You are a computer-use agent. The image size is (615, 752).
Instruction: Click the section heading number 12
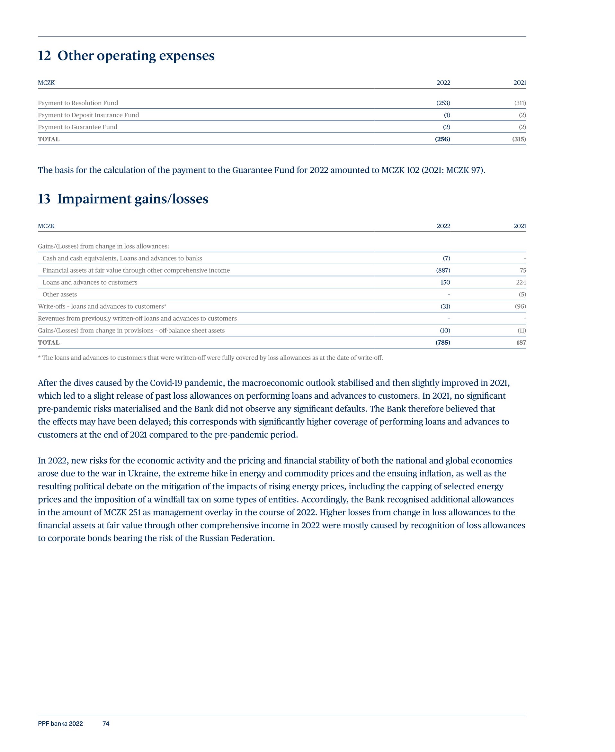tap(44, 56)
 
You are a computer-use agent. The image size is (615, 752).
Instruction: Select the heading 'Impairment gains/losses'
tap(133, 199)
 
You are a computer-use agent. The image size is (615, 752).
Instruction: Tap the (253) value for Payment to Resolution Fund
tap(443, 103)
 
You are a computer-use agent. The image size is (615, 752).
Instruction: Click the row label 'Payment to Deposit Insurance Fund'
tap(88, 115)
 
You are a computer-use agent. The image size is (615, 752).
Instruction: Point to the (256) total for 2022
tap(442, 139)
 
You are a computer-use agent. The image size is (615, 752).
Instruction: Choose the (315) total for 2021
tap(519, 139)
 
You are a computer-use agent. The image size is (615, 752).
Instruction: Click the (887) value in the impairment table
tap(443, 270)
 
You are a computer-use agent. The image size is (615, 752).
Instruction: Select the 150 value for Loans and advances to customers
tap(445, 283)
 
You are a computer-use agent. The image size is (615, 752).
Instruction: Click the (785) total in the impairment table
tap(442, 343)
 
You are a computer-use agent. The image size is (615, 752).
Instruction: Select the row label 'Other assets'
tap(59, 294)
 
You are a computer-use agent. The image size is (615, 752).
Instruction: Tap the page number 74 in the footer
tap(106, 724)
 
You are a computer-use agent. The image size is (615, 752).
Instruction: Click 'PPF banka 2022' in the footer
tap(60, 724)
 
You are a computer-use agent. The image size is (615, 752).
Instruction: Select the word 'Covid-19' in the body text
tap(166, 383)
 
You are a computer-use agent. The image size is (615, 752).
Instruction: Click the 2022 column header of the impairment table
tap(443, 226)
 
